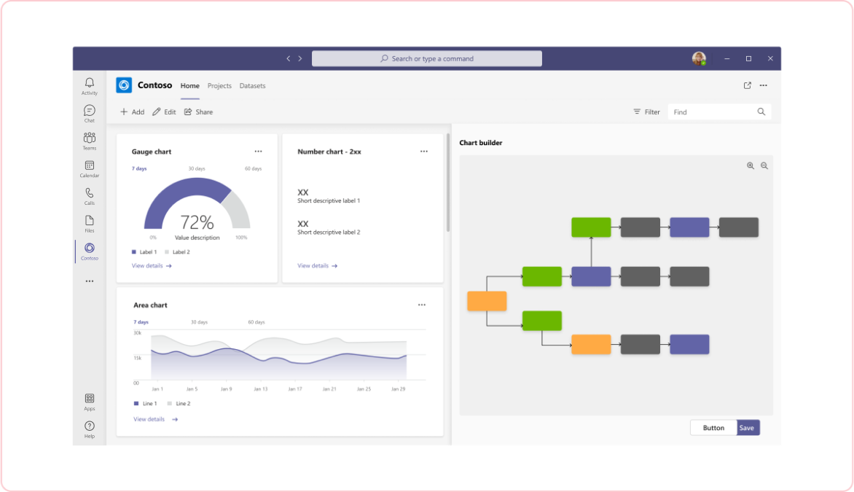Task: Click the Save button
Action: (747, 428)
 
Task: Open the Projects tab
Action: (219, 86)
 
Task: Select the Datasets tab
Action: (252, 86)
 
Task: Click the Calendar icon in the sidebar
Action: (90, 166)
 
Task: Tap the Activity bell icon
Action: (90, 83)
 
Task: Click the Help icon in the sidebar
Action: (90, 426)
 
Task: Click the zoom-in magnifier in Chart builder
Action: (751, 165)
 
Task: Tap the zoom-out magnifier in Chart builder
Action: (764, 165)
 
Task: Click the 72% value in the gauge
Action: (197, 222)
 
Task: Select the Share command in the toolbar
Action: (198, 112)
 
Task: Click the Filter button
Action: (646, 112)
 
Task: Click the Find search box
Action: (713, 112)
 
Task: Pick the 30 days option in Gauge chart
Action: (197, 168)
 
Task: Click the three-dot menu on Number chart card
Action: (424, 152)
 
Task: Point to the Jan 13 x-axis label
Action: (259, 389)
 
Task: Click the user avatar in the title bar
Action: (699, 58)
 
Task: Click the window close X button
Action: (770, 58)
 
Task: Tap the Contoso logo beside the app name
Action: (124, 85)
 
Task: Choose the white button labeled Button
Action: (713, 428)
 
